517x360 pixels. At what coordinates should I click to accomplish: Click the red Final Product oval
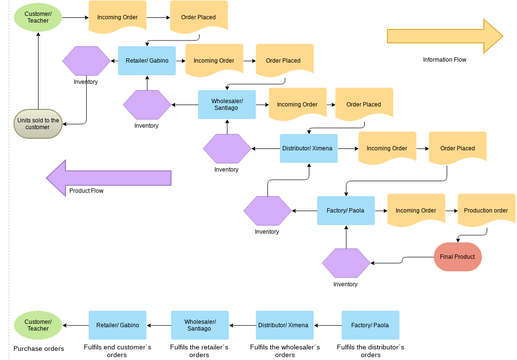pos(457,257)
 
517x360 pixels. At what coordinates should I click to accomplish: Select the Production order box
pos(486,210)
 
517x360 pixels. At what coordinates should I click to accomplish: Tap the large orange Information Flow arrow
pos(444,35)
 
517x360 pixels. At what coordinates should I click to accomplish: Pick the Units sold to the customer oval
pos(38,124)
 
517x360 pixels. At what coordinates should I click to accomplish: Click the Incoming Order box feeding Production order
pos(415,210)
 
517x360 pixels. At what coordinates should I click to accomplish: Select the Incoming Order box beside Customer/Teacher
pos(117,17)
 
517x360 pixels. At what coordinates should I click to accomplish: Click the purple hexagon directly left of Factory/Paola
pos(266,211)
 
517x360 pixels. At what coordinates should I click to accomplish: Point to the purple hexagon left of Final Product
pos(345,264)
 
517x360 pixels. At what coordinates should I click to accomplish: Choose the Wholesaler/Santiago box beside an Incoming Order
pos(226,104)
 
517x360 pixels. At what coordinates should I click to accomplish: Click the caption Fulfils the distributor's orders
pos(371,350)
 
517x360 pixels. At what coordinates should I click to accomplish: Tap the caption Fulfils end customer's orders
pos(118,350)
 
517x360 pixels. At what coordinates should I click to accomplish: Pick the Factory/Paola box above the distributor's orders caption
pos(371,325)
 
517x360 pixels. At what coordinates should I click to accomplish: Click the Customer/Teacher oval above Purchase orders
pos(38,325)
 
